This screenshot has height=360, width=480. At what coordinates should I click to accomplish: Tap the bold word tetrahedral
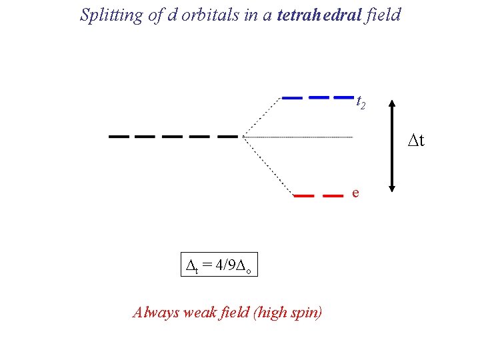[316, 15]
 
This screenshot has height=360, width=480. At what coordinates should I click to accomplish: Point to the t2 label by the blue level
[360, 102]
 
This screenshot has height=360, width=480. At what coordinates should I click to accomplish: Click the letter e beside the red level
[355, 193]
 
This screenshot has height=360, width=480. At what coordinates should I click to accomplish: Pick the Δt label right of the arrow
[416, 141]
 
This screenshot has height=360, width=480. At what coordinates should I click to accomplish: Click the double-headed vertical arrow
[392, 147]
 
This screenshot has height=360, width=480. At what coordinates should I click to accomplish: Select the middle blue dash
[319, 97]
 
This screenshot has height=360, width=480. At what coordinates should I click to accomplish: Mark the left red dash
[304, 196]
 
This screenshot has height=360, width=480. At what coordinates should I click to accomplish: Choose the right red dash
[332, 196]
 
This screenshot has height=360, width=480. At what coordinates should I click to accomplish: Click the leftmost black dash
[119, 136]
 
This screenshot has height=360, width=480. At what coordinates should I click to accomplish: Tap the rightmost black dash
[227, 136]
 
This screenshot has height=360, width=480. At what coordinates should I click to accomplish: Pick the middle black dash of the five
[173, 136]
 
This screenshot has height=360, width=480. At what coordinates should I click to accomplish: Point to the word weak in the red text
[197, 311]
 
